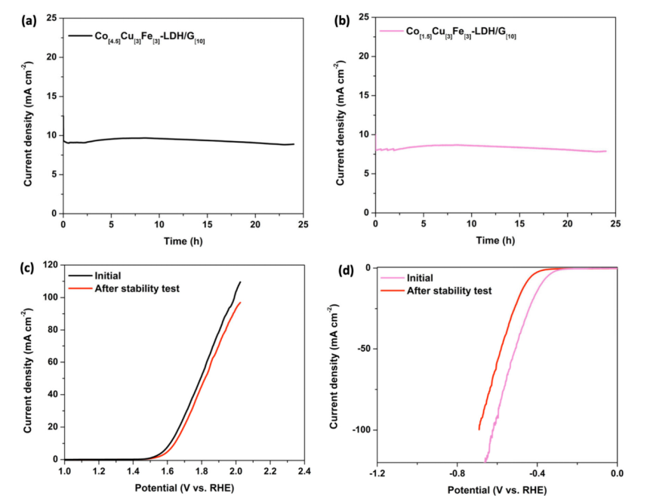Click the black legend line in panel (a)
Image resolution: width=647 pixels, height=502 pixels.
pos(80,35)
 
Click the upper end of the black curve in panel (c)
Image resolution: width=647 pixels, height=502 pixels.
pos(240,282)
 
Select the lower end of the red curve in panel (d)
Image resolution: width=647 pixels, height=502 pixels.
pos(479,430)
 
